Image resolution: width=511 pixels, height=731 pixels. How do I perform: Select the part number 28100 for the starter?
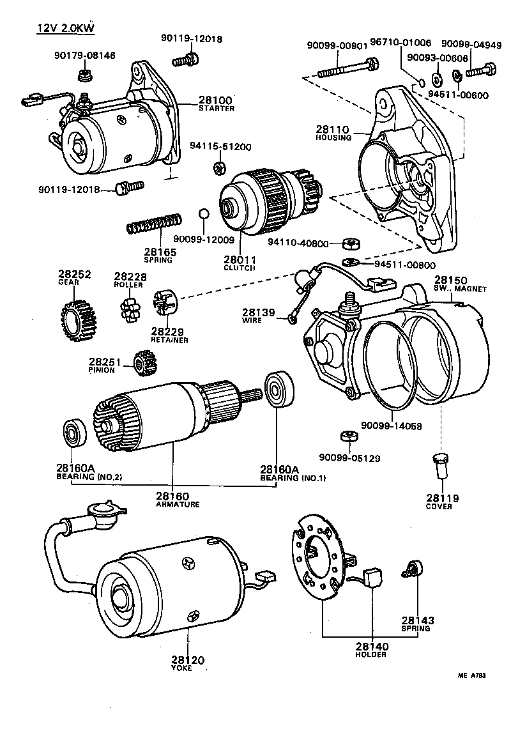click(x=215, y=100)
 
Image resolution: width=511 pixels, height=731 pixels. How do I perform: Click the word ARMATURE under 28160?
click(x=178, y=504)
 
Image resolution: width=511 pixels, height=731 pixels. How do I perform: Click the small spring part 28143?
click(x=414, y=569)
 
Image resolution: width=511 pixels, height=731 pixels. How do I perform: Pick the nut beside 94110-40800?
click(x=349, y=243)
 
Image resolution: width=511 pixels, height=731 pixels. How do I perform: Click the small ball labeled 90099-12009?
click(x=203, y=213)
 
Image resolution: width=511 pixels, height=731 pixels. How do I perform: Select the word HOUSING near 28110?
click(x=333, y=137)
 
